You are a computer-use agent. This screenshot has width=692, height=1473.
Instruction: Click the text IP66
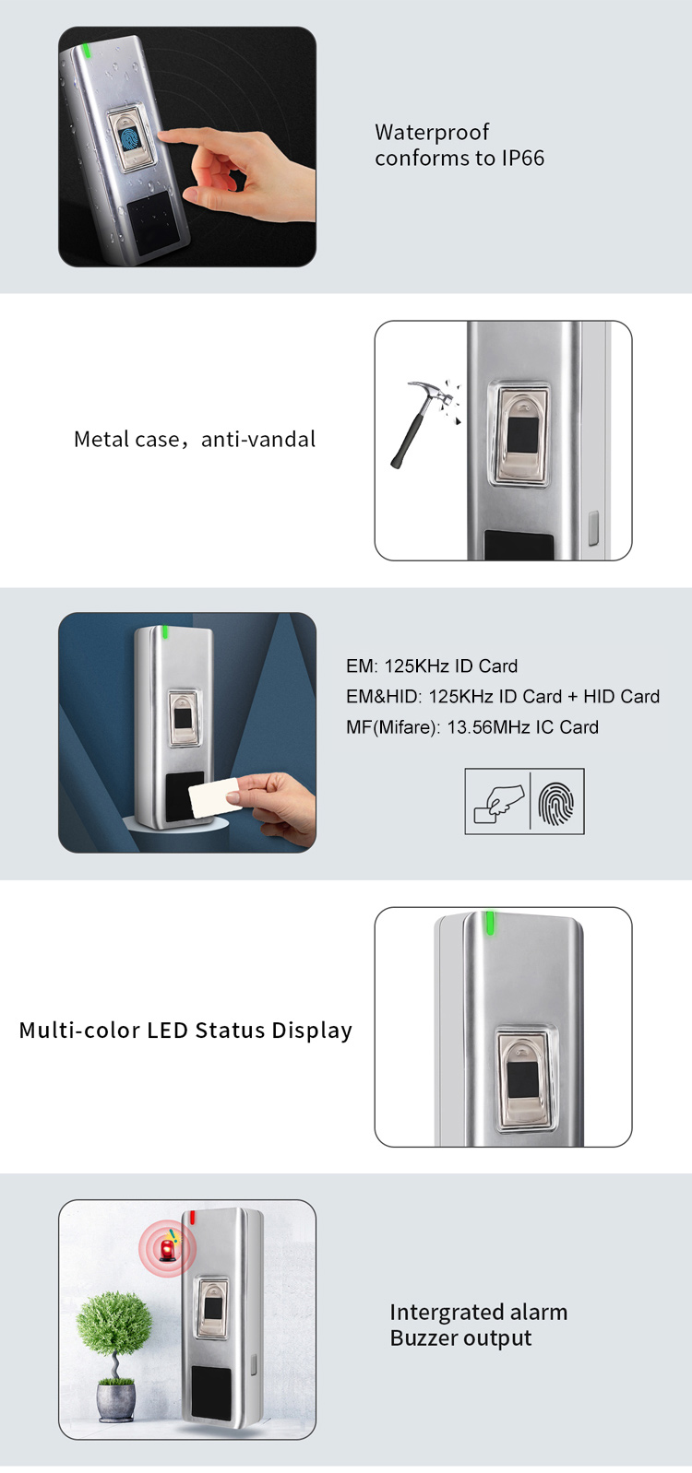(522, 159)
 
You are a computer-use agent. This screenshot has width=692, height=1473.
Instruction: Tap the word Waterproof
(432, 132)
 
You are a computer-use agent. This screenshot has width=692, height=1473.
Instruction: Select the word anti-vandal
(258, 440)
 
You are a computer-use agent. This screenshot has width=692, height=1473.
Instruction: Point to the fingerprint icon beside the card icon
(556, 802)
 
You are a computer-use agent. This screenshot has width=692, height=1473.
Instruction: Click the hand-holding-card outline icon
(498, 802)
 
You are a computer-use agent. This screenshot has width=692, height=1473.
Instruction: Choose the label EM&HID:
(384, 697)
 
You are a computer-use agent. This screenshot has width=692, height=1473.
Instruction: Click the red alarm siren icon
(168, 1249)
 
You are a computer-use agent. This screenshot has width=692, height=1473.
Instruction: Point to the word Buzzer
(424, 1338)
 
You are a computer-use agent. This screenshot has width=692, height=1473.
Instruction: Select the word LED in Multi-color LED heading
(168, 1031)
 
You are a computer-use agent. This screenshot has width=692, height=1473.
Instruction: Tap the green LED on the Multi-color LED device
(490, 923)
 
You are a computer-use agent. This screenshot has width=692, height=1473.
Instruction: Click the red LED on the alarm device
(193, 1218)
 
